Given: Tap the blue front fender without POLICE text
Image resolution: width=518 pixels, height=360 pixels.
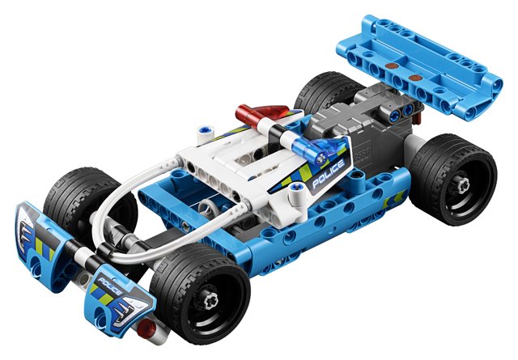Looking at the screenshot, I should pos(40,234).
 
